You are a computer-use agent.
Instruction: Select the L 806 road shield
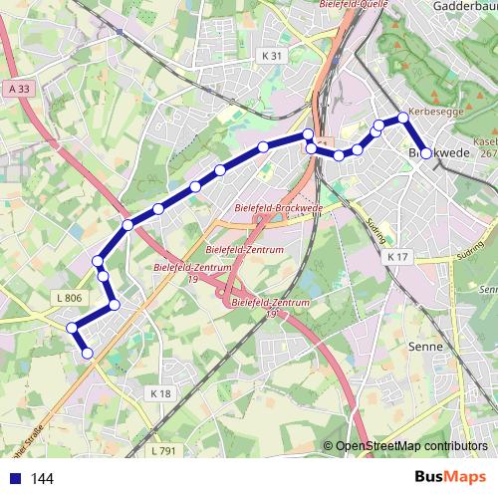[70, 297]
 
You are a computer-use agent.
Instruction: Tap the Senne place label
[425, 348]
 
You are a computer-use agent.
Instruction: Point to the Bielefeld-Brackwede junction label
[279, 207]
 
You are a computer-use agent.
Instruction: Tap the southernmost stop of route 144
[88, 353]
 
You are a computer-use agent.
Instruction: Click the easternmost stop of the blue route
[426, 153]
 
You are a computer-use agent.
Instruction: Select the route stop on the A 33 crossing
[127, 225]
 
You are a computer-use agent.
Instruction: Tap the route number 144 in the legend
[42, 479]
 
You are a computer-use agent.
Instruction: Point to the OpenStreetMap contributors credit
[410, 447]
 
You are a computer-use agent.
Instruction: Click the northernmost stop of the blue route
[403, 118]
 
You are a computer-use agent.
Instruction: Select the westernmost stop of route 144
[72, 328]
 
